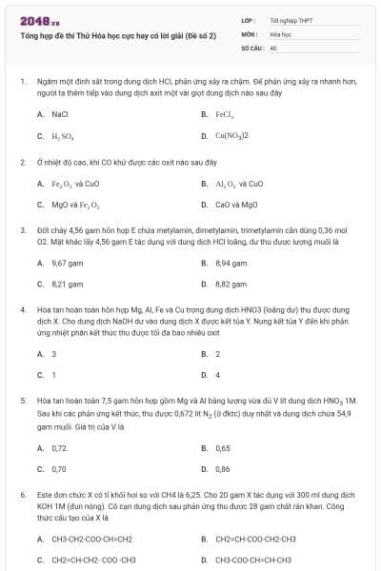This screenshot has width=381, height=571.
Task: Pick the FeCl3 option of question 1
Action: click(x=225, y=113)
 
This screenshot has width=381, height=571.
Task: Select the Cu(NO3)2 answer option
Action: click(x=231, y=135)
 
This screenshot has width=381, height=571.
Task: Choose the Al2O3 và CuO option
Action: click(x=239, y=183)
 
